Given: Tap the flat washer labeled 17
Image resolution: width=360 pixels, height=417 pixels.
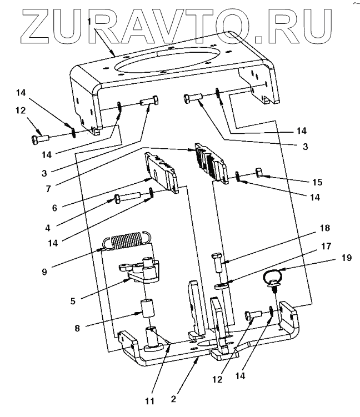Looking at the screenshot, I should [221, 287].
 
